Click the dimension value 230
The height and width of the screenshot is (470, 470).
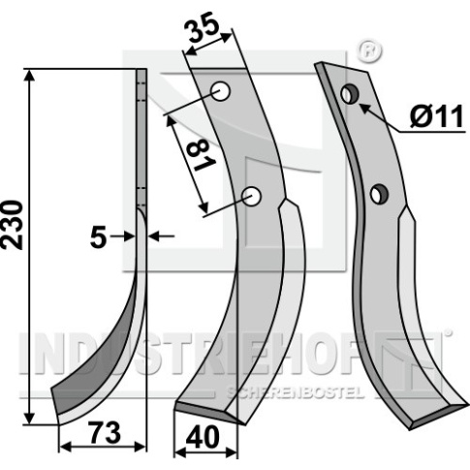13,225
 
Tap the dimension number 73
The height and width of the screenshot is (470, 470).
106,433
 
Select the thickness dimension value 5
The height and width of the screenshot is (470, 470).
98,237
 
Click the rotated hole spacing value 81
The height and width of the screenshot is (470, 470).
201,157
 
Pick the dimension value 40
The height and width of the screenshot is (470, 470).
203,438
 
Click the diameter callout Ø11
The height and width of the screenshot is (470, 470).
437,117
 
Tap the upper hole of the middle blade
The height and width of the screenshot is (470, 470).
221,91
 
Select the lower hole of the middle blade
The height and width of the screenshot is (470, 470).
252,196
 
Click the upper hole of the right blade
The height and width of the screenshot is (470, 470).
350,94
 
